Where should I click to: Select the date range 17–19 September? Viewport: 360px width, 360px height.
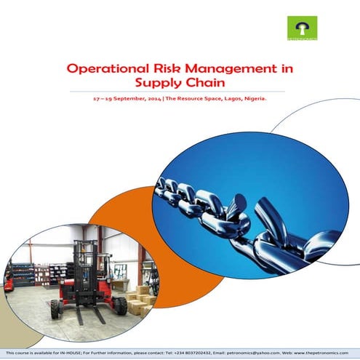(x=119, y=100)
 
